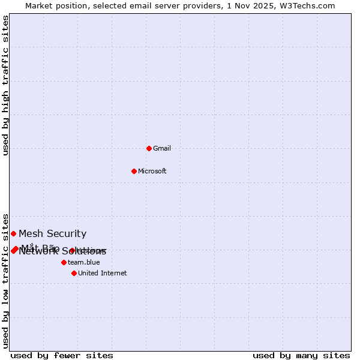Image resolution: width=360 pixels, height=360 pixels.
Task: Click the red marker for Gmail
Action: [149, 148]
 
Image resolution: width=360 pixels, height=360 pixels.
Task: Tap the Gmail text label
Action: [162, 148]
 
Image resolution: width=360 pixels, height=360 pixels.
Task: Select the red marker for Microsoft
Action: [134, 171]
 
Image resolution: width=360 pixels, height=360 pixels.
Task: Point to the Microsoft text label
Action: [152, 171]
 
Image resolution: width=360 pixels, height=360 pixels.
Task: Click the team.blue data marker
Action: [64, 262]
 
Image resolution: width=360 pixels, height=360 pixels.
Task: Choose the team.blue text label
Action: [84, 262]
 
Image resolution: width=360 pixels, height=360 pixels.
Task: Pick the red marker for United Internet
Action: [74, 273]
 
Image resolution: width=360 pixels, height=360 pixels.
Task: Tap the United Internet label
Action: [103, 273]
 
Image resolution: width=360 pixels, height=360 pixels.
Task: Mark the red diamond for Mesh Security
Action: [13, 233]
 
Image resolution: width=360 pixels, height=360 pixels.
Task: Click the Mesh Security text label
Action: [53, 233]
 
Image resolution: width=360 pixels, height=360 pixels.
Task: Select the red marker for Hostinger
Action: [72, 250]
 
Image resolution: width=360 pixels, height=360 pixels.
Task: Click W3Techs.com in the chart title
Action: [309, 5]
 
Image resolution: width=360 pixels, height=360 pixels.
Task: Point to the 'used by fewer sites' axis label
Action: [62, 356]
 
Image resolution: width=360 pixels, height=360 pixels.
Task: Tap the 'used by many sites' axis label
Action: [301, 356]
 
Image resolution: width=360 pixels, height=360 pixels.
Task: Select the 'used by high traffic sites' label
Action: [6, 85]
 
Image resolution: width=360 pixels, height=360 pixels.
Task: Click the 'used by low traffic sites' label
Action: [6, 281]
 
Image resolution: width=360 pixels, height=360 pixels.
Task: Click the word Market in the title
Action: [39, 5]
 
